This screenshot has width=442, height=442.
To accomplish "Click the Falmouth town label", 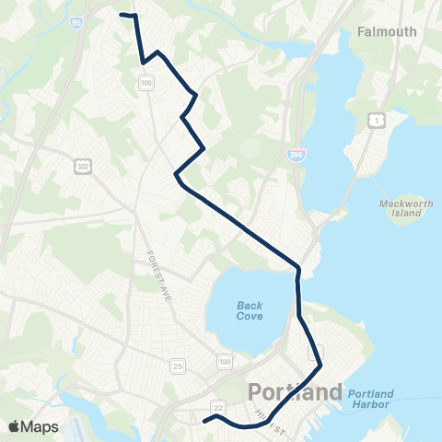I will [386, 31].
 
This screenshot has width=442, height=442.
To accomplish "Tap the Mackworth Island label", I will [400, 208].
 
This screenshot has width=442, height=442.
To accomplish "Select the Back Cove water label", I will [250, 310].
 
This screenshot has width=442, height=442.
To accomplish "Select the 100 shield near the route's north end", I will [146, 84].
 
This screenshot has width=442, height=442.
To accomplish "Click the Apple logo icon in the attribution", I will [14, 426].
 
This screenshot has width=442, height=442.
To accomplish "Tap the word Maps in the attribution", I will [41, 426].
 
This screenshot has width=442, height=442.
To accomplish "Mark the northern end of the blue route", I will [123, 14].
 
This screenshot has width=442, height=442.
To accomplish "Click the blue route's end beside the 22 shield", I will [204, 421].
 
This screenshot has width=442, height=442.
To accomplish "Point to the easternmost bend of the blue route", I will [320, 366].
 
